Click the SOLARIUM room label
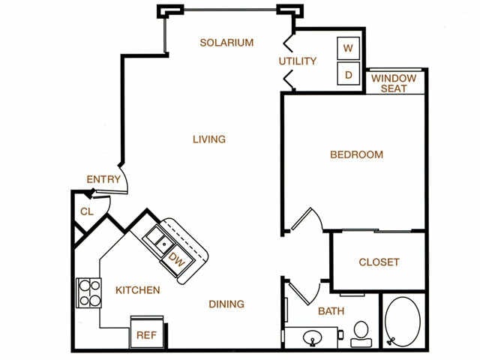[226, 43]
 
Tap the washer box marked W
[348, 48]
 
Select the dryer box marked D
[348, 73]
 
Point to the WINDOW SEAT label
[394, 83]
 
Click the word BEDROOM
[357, 154]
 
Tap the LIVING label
[209, 139]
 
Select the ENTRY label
[103, 179]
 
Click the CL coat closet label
[87, 211]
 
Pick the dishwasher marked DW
[178, 260]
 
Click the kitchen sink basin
[160, 240]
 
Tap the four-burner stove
[88, 292]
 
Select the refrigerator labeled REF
[147, 332]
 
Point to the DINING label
[226, 304]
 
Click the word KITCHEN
[138, 290]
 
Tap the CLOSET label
[379, 262]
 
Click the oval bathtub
[403, 322]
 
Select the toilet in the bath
[361, 334]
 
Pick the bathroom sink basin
[312, 338]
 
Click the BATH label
[331, 311]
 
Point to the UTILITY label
[298, 61]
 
